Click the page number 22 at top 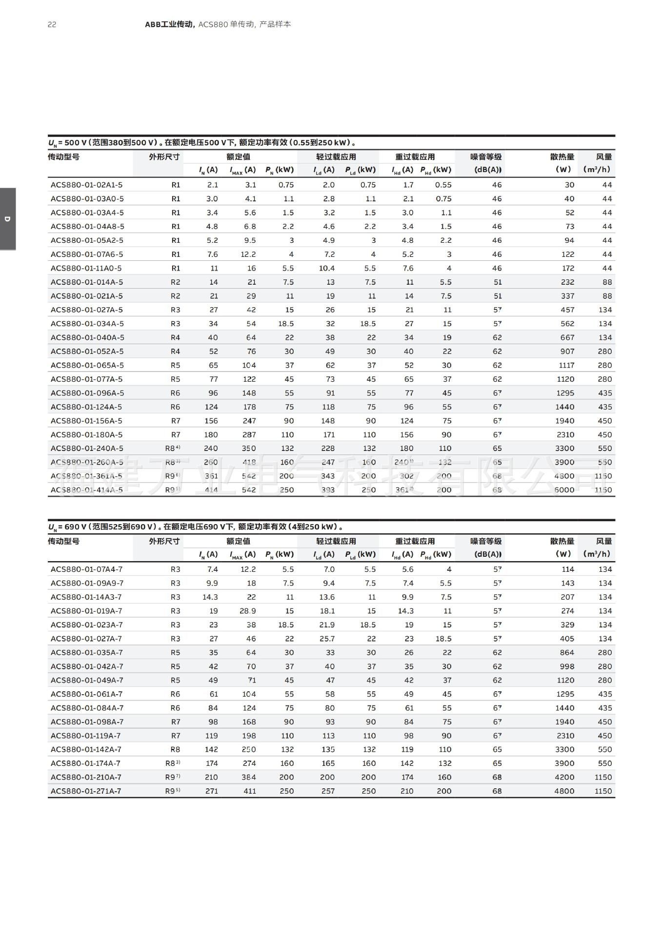tap(52, 24)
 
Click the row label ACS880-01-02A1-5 tap(86, 185)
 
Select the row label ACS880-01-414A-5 tap(86, 490)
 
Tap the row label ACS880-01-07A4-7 tap(86, 569)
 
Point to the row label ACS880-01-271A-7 tap(86, 791)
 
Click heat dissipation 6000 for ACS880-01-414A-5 tap(564, 490)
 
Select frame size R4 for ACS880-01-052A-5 tap(176, 351)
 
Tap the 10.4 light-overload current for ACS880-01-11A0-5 tap(326, 268)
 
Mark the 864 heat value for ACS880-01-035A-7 tap(567, 652)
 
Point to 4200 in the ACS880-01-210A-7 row tap(564, 777)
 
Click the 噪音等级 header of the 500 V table tap(486, 157)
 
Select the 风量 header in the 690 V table tap(603, 541)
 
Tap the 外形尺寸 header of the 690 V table tap(164, 541)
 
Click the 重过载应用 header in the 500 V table tap(415, 157)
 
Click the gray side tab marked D tap(7, 219)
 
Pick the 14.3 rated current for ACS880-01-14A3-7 tap(210, 597)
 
